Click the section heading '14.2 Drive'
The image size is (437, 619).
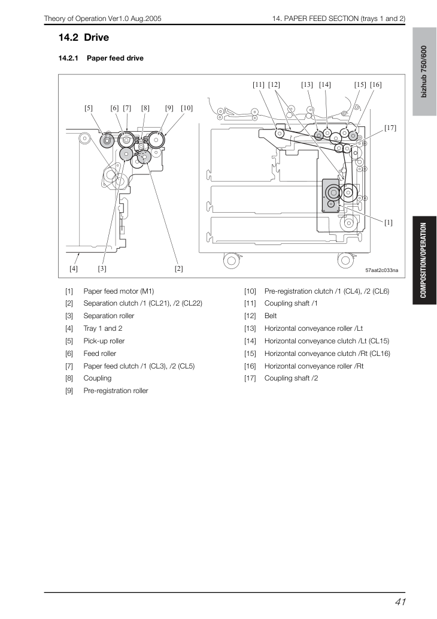tap(84, 38)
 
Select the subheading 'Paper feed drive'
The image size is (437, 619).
tap(115, 58)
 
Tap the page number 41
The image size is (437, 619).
tap(400, 602)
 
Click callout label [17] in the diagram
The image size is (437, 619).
tap(390, 128)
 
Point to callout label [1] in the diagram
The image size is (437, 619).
tap(389, 222)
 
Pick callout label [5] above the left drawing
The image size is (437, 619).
tap(89, 108)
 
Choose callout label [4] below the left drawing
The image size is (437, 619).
tap(74, 268)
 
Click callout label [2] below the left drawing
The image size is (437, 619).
tap(178, 268)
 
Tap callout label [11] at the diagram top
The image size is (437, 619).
tap(259, 84)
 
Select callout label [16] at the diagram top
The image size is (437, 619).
tap(375, 84)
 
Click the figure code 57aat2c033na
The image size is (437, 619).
tap(382, 270)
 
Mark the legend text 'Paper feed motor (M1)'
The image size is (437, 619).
tap(119, 291)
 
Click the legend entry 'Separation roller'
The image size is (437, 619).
tap(109, 316)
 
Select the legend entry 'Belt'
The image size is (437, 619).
tap(271, 316)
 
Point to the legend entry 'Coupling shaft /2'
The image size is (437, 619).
tap(291, 378)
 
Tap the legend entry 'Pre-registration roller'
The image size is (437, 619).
tap(116, 391)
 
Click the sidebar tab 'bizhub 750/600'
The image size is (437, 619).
tap(424, 71)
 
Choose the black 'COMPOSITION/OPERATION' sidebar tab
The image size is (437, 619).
tap(424, 260)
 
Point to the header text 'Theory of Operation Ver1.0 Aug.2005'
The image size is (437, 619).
tap(102, 19)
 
